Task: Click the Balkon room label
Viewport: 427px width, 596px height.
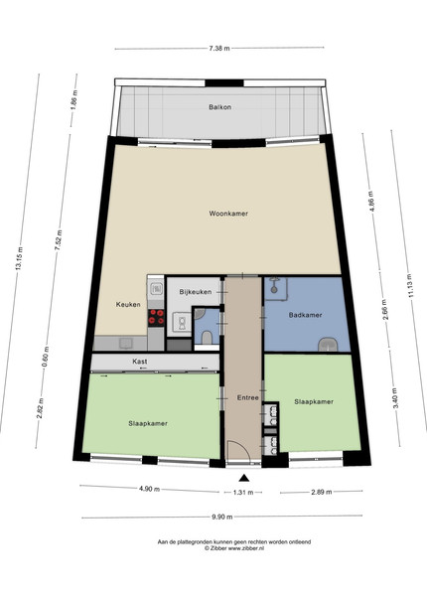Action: (220, 107)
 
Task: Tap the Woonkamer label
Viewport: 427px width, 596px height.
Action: (228, 214)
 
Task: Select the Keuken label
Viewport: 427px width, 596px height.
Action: (128, 305)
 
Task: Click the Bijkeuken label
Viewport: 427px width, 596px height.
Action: (196, 292)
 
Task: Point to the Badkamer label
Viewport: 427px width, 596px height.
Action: (306, 315)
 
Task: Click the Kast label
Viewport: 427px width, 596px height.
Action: (140, 362)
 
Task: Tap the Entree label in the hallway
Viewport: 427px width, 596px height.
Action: (247, 398)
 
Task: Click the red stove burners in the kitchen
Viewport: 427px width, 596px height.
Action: (156, 317)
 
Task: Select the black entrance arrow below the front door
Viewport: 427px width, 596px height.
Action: (244, 478)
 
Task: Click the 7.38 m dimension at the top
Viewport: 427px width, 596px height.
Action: (219, 49)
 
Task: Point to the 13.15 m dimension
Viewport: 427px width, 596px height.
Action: (19, 258)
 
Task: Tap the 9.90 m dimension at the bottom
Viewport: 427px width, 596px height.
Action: (221, 517)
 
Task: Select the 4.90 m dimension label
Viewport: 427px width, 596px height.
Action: (149, 489)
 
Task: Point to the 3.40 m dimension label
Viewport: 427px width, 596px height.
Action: (395, 398)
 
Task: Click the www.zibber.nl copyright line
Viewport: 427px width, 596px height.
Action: (234, 548)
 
